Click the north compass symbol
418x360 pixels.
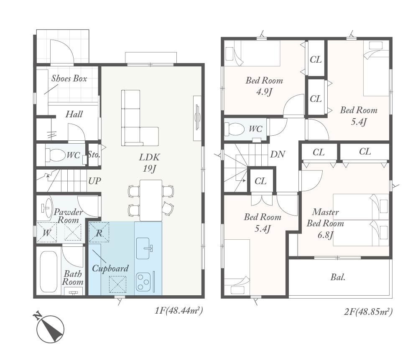pos(50,329)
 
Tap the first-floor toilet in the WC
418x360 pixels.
pos(56,155)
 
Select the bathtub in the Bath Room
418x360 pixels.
pos(48,272)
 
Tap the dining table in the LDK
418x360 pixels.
pos(151,200)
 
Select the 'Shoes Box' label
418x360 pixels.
pos(69,78)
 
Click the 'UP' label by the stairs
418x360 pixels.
pos(94,181)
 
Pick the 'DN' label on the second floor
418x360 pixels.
pos(278,154)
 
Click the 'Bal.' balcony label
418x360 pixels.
pos(338,277)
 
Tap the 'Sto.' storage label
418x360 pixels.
pos(94,155)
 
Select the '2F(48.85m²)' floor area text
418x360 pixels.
pos(368,311)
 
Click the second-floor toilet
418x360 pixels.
pos(234,129)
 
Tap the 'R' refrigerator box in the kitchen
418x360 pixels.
pos(99,232)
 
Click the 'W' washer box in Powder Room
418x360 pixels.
pos(47,232)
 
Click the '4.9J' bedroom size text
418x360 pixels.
pos(264,92)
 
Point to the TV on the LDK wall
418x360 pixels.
pos(198,118)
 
